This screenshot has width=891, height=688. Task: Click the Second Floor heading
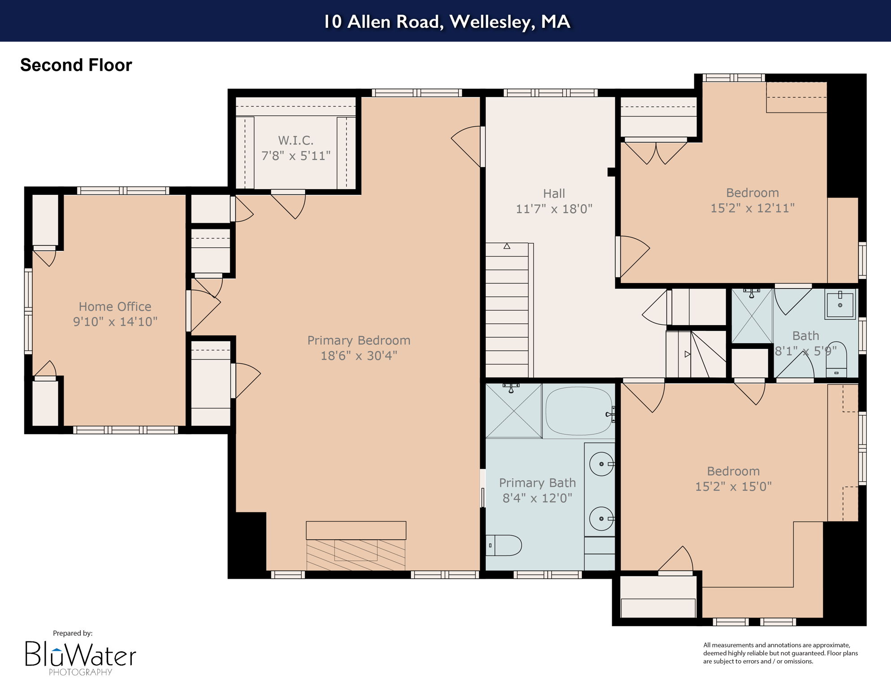point(76,65)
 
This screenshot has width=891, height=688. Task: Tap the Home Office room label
point(115,306)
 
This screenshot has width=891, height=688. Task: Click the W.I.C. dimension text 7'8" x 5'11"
point(296,156)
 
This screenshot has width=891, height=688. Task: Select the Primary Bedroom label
point(359,340)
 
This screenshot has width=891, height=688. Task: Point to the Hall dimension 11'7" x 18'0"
point(554,209)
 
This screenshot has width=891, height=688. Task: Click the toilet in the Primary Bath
point(504,545)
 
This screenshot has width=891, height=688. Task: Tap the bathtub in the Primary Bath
point(579,411)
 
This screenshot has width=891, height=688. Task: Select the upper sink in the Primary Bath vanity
point(601,464)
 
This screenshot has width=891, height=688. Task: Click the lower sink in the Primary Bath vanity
point(601,519)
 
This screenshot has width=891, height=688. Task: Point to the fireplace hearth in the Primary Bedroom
point(356,555)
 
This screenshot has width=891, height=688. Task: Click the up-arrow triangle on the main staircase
point(507,246)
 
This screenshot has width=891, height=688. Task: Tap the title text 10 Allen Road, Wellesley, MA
point(446,21)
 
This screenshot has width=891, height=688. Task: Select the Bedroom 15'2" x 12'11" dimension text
point(753,208)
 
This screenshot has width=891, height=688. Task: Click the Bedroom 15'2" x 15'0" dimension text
point(733,486)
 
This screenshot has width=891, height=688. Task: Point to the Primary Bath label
point(537,483)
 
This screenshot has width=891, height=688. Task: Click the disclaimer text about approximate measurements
point(780,653)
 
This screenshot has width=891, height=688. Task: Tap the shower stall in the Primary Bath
point(514,411)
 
